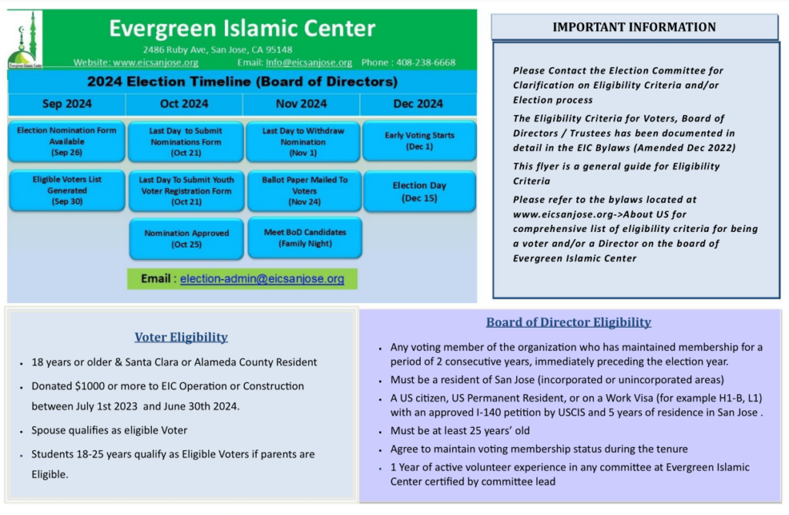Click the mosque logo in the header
click(x=24, y=40)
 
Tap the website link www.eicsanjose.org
click(x=156, y=62)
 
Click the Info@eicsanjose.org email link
click(x=308, y=62)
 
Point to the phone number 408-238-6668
click(x=425, y=62)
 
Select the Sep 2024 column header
click(x=67, y=104)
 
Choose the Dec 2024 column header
click(x=418, y=104)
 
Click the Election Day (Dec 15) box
click(x=420, y=191)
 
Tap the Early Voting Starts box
click(x=420, y=140)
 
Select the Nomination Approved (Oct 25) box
click(x=186, y=239)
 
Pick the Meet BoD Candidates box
click(x=305, y=237)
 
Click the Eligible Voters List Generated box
click(x=67, y=190)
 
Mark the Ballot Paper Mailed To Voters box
click(x=304, y=190)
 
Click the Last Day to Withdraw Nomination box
click(x=303, y=141)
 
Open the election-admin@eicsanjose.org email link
click(x=262, y=278)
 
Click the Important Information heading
click(x=634, y=27)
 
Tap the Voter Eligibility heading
click(x=181, y=337)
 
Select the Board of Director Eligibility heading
click(x=569, y=322)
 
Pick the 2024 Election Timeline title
click(x=242, y=82)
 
